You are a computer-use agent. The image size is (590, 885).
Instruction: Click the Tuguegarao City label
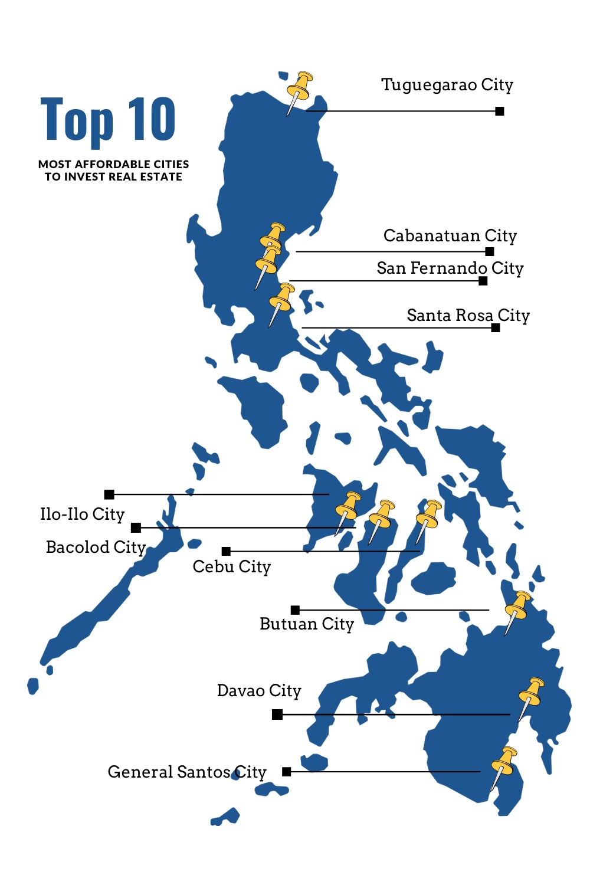447,85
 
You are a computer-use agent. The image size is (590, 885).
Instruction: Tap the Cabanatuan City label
450,236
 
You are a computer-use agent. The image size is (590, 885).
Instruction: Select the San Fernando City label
450,268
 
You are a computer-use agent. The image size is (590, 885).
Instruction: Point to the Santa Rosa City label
468,316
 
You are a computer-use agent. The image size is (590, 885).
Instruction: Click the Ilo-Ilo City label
83,514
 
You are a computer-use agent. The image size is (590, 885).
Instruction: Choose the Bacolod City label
96,548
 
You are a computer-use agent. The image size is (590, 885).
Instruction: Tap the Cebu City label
232,567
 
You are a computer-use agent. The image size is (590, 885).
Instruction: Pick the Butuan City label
307,624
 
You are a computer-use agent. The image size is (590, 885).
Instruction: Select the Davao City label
259,691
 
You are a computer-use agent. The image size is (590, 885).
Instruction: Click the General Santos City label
187,772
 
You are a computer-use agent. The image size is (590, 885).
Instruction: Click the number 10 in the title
152,120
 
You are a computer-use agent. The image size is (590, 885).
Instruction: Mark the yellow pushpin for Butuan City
518,608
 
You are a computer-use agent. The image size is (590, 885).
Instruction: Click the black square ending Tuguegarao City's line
500,111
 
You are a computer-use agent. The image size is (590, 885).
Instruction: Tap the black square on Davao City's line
277,714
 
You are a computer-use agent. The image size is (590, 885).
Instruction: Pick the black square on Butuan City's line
295,609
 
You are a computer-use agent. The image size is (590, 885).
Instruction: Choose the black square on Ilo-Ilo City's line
109,494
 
